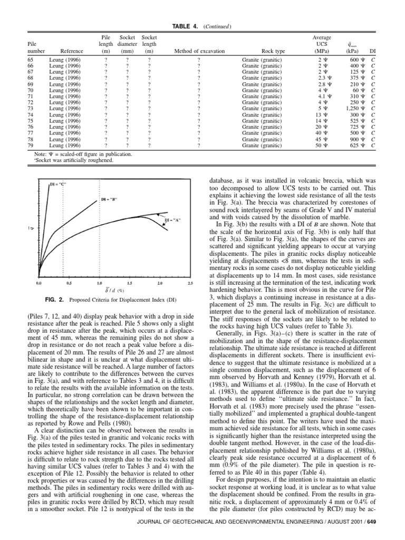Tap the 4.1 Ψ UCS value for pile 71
point(323,97)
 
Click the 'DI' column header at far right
point(373,51)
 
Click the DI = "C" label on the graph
point(57,184)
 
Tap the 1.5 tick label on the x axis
point(130,283)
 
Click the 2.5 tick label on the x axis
point(190,283)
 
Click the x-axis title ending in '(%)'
point(114,290)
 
